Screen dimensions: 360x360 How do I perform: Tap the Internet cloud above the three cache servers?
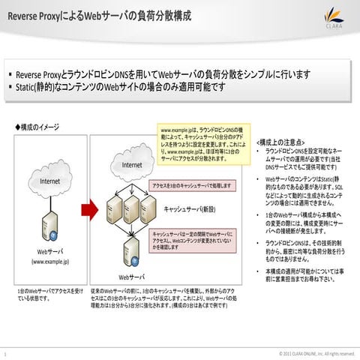[x=132, y=164]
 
